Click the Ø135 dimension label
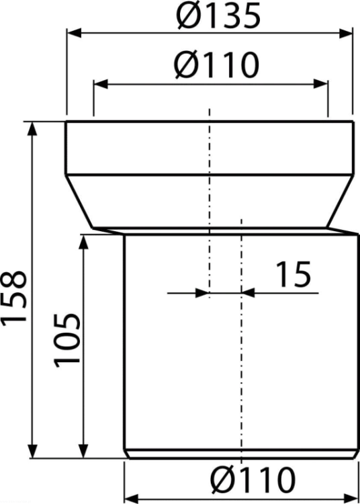218,15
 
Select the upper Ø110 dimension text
216,65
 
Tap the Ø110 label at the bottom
253,478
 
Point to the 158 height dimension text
14,297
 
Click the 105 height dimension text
66,341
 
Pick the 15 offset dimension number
294,274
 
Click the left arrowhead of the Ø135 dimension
74,33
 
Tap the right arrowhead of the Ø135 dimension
345,33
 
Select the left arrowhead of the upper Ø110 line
100,85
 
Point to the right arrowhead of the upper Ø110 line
321,85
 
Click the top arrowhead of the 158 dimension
32,129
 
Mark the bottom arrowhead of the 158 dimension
32,452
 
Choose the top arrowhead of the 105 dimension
83,243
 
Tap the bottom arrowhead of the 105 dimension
83,452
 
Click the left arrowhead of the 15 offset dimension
202,293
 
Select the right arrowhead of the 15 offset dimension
249,293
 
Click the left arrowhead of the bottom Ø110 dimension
131,498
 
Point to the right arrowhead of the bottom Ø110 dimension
351,498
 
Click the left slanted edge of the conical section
79,202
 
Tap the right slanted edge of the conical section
341,202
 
